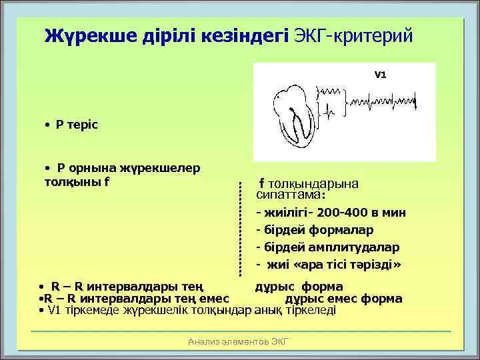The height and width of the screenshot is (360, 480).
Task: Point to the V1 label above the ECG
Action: point(379,75)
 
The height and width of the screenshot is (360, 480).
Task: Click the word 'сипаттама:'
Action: point(290,196)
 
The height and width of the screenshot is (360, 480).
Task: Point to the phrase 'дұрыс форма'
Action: point(299,288)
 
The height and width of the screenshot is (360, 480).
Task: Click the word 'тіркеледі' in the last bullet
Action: point(313,311)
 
